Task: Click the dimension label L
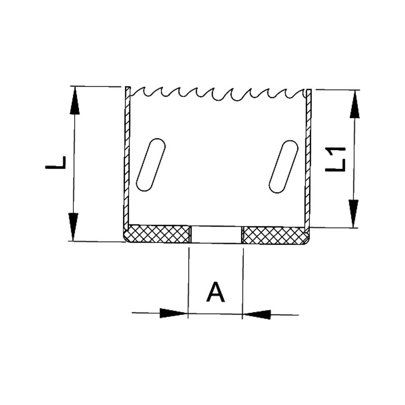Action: (55, 162)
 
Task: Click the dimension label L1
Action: (335, 159)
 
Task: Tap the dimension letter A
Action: (216, 292)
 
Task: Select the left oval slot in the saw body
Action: (151, 165)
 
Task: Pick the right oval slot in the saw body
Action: (283, 166)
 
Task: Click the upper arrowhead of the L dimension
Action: (75, 100)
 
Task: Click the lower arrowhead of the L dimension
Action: (73, 226)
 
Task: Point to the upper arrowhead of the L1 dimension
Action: (355, 104)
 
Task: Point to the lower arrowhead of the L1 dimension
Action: (353, 214)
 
